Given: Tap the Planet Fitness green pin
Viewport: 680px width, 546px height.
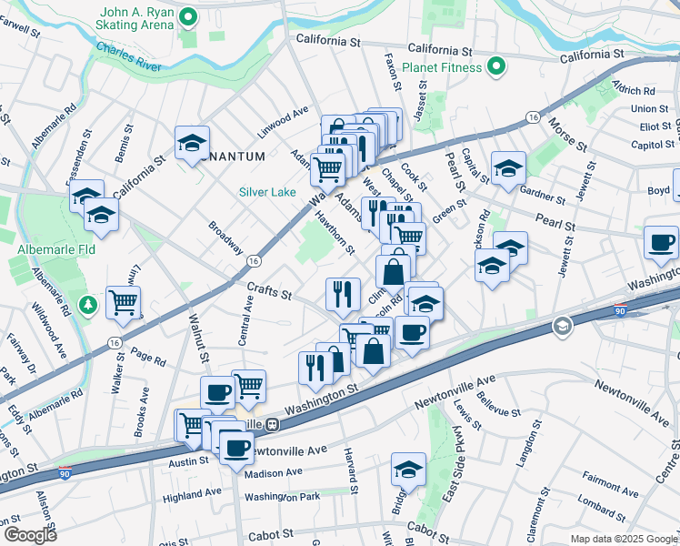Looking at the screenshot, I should point(496,66).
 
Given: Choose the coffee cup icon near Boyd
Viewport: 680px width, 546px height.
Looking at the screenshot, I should point(661,242).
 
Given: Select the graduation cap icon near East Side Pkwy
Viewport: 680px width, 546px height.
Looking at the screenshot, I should point(408,470).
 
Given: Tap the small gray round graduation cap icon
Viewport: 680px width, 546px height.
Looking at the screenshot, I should point(563,326).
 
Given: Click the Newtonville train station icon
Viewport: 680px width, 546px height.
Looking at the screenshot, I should point(271,424).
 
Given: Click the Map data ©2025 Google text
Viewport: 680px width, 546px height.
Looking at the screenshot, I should point(624,539).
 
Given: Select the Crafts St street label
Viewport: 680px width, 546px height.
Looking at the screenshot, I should point(268,292).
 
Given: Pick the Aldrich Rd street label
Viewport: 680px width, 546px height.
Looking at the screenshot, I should point(634,90).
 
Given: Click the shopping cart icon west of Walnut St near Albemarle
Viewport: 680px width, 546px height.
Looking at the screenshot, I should point(123,302).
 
